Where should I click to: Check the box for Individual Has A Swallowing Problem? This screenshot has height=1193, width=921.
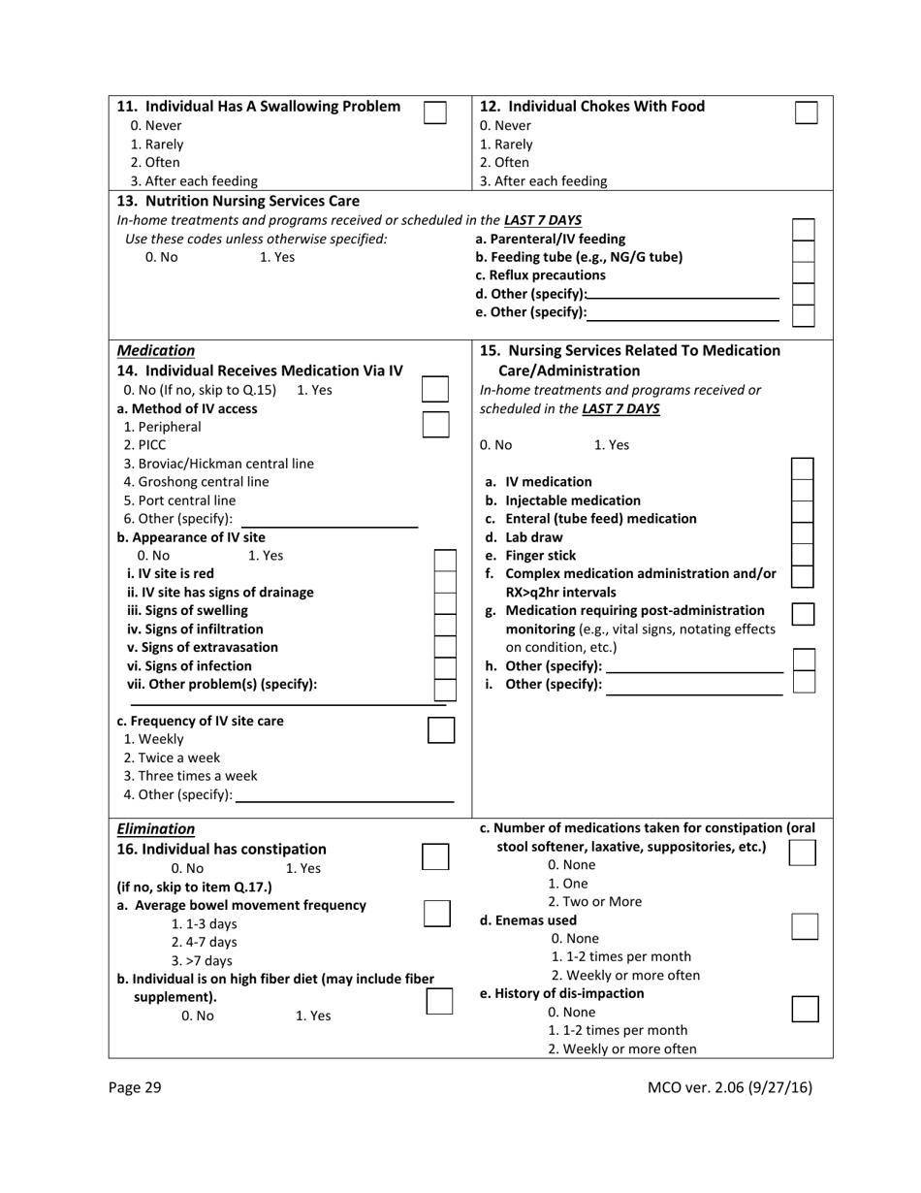point(435,113)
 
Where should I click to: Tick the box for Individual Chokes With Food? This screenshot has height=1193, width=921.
point(806,113)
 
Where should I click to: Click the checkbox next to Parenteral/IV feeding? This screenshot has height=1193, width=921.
point(803,230)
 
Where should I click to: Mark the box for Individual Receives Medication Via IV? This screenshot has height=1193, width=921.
point(436,389)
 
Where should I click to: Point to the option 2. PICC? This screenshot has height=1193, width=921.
point(144,445)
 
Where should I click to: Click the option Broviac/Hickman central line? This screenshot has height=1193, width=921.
point(218,464)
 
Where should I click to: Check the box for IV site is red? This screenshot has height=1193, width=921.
point(444,562)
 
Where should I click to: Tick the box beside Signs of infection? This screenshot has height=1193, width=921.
point(444,667)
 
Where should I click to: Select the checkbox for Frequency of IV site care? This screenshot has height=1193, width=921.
point(441,730)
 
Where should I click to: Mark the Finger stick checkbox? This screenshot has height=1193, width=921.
point(803,555)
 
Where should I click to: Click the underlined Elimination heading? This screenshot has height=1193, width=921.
point(155,829)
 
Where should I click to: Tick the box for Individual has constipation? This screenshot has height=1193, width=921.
point(436,856)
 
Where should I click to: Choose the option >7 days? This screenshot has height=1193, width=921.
point(202,960)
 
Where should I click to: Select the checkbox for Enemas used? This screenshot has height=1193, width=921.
point(805,926)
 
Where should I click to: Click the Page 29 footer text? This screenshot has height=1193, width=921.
point(135,1087)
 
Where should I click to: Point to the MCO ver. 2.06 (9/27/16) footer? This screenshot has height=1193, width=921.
point(729,1087)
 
